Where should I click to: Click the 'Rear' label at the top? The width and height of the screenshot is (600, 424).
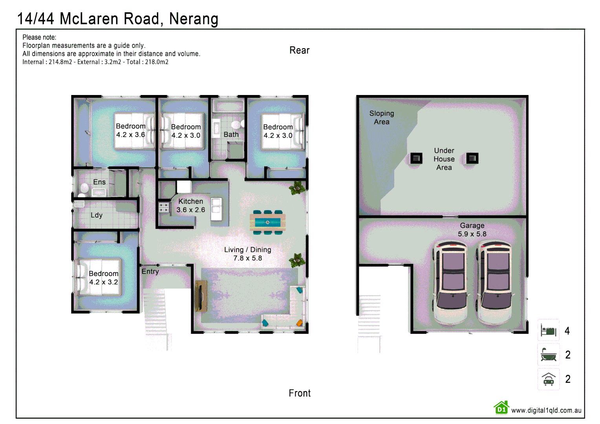click(299, 50)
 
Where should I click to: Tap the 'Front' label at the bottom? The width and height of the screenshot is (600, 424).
click(299, 393)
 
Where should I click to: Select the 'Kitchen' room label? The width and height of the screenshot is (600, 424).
click(191, 201)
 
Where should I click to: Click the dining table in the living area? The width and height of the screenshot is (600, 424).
click(267, 223)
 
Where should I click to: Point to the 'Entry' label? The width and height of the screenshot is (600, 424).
click(150, 271)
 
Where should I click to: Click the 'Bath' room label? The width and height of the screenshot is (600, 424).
click(231, 134)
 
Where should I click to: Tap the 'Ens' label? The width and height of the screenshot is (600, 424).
click(99, 182)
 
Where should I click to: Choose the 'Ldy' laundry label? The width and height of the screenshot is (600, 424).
click(97, 215)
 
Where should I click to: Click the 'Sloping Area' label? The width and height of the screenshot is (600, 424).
click(382, 117)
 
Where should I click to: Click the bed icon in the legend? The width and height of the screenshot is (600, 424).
click(549, 331)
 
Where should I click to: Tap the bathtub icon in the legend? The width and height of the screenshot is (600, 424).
click(549, 355)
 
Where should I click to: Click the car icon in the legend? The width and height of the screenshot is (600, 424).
click(549, 379)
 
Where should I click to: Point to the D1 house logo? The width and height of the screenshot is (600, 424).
click(501, 408)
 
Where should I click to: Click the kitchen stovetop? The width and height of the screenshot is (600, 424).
click(164, 207)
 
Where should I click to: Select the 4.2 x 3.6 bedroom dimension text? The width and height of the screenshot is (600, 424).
click(130, 135)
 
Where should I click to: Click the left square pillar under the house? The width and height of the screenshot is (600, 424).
click(416, 158)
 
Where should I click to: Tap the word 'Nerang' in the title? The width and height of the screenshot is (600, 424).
click(194, 18)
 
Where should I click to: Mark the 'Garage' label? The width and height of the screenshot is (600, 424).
click(472, 225)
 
